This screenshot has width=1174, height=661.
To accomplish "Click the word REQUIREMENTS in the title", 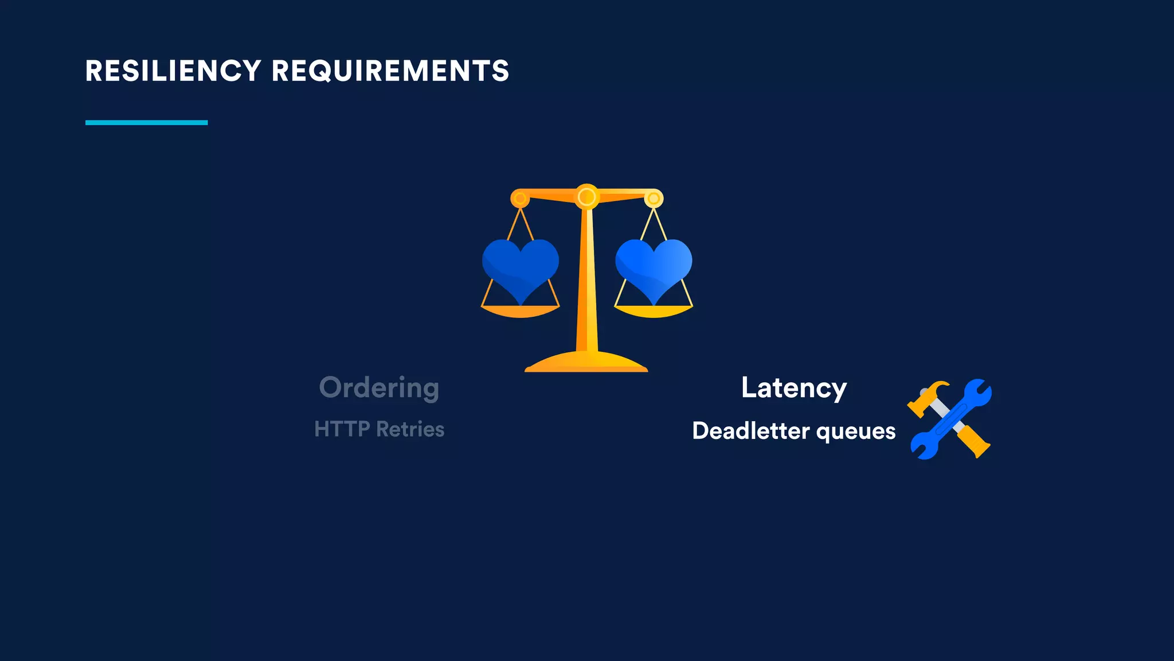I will [x=390, y=71].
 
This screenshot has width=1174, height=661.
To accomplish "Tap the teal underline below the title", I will [x=146, y=122].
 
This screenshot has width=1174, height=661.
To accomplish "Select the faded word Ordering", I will [x=379, y=388].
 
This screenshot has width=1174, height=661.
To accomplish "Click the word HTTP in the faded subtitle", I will [x=342, y=429].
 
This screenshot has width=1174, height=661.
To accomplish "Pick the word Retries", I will [x=410, y=429].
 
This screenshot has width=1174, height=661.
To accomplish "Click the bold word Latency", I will [x=793, y=388].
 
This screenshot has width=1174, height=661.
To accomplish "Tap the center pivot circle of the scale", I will [x=586, y=197].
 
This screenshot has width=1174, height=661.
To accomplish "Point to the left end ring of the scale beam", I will [x=520, y=199].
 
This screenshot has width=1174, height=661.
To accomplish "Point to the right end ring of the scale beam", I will [x=653, y=199].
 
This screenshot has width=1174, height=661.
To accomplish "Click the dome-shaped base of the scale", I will [x=586, y=362].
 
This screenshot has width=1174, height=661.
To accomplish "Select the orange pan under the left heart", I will [x=520, y=312].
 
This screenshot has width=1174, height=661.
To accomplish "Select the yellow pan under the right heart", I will [x=653, y=312].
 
